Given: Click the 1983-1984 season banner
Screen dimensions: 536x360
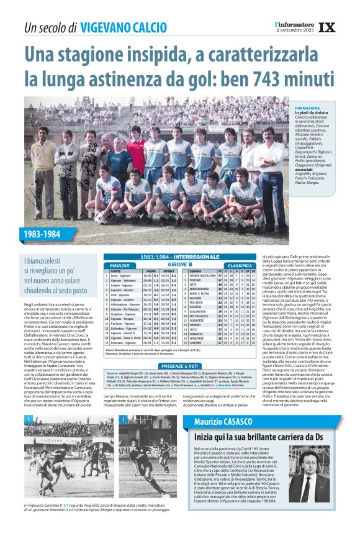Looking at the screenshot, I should pyautogui.click(x=43, y=235).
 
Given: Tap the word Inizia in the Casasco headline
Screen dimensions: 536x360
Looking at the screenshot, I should pyautogui.click(x=206, y=438).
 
